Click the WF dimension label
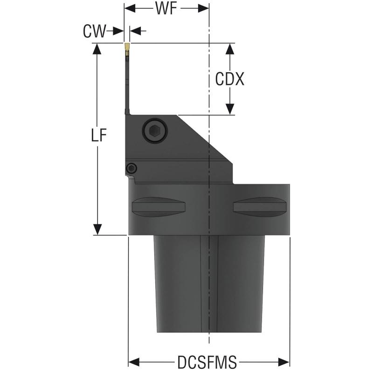coord(166,9)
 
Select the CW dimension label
coord(94,31)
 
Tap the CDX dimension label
coord(229,79)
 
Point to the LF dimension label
coord(98,136)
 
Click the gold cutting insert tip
coord(127,47)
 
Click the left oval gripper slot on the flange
coord(159,207)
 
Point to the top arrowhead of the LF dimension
coord(97,49)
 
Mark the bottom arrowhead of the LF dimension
coord(97,229)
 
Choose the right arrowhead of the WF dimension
coord(203,9)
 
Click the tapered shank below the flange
coord(209,289)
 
